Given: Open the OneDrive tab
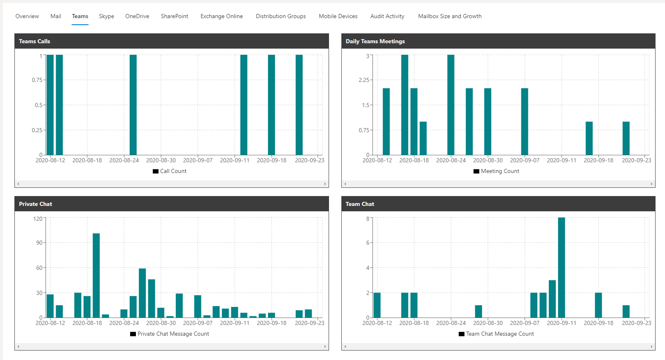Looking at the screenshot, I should coord(137,16).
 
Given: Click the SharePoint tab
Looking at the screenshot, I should coord(174,16).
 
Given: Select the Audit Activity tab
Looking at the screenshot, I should coord(387,16).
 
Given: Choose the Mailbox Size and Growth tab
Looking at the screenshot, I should coord(450,16).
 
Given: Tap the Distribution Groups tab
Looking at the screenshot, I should coord(281,16).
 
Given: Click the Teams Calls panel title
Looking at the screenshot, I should coord(35,41).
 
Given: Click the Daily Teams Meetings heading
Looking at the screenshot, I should coord(375,41).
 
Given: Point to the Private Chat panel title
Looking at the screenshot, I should coord(35,204).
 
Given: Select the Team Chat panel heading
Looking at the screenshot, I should coord(360,204).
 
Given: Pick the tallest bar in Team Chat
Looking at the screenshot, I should coord(561,267).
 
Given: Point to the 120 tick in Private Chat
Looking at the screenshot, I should coord(38,219).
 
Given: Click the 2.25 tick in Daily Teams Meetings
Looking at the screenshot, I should coord(364,80).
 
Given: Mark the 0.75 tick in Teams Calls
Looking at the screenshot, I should coord(37,80).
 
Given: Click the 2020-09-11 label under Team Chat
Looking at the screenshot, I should coord(562,323).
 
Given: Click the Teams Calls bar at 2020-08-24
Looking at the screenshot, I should coord(133,105).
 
